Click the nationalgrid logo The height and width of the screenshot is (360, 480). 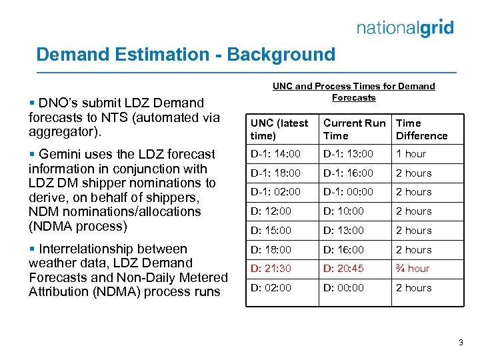(x=405, y=27)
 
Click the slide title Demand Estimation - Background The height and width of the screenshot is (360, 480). (x=185, y=54)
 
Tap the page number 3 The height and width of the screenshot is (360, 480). (x=460, y=343)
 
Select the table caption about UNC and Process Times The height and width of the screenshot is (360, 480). (x=353, y=92)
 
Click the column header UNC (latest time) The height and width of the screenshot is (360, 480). (x=279, y=129)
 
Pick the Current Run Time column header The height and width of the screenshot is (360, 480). (x=354, y=129)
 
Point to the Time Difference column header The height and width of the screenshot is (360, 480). (x=421, y=129)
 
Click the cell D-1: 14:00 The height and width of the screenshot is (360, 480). (x=275, y=154)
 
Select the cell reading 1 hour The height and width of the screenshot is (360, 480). (x=411, y=154)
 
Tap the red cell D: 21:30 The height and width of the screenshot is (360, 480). (x=271, y=269)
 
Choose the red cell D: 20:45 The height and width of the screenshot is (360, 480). (x=344, y=269)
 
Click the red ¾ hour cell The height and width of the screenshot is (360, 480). (x=413, y=269)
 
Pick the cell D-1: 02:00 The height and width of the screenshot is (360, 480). (x=275, y=192)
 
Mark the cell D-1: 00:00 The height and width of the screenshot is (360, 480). (x=349, y=192)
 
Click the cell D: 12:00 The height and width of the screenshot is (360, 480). (x=271, y=211)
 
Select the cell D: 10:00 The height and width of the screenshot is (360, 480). (x=344, y=211)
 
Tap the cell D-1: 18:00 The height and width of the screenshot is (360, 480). (x=275, y=173)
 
